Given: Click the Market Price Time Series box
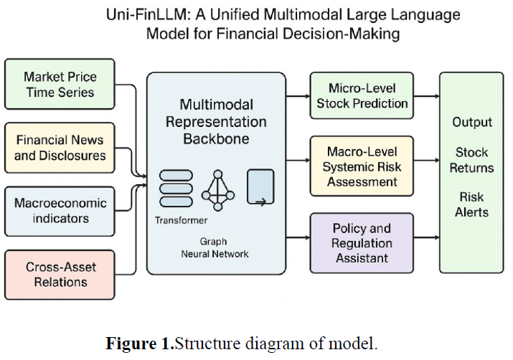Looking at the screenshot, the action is point(60,84).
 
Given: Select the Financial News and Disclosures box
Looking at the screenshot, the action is point(60,148).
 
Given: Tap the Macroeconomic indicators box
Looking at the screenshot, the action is point(60,212).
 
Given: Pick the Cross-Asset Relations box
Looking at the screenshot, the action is point(60,275).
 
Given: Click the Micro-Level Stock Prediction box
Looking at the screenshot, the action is point(362,95).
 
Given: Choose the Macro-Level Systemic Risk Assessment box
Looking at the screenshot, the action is point(362,166).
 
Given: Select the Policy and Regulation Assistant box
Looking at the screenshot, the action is point(362,243).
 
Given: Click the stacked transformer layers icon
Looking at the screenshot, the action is point(176,189).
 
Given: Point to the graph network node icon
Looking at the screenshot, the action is point(218,190).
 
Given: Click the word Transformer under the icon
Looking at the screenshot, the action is point(181,220).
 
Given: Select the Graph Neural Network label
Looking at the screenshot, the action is point(215,247).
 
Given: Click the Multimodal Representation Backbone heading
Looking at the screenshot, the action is point(216,122).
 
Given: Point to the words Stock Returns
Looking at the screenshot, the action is point(471,160).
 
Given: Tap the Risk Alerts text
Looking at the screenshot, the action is point(471,204).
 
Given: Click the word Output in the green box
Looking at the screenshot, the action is point(472,122).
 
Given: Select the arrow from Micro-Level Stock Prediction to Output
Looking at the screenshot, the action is point(427,96).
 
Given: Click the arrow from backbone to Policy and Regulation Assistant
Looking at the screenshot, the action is point(298,237).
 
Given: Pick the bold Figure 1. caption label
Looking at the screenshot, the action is point(140,344).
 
